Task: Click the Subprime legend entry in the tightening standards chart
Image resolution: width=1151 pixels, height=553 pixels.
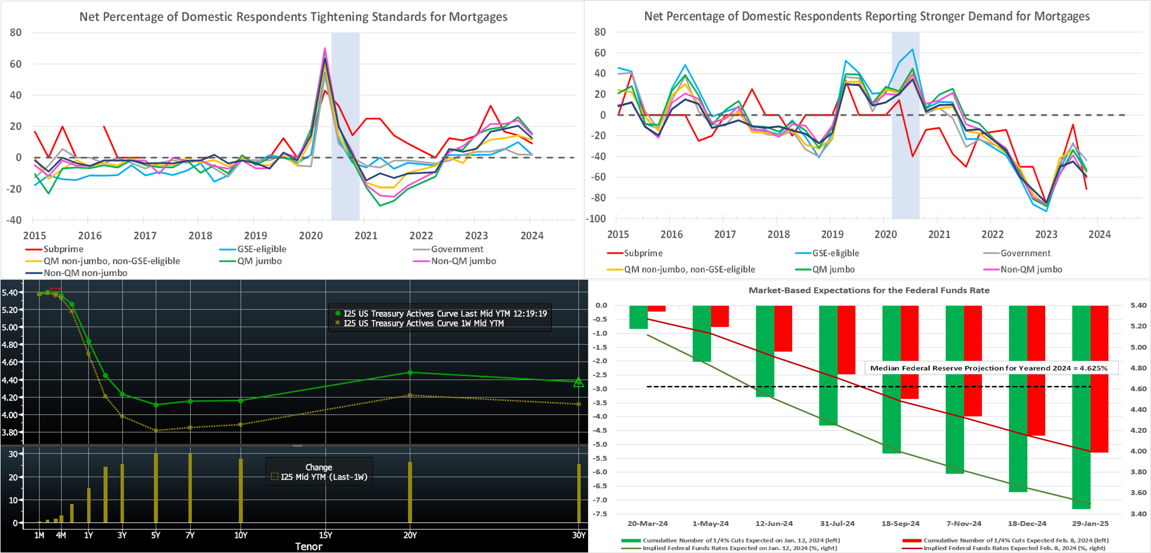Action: [x=63, y=249]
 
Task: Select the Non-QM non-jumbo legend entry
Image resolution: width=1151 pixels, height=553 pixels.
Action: [x=85, y=273]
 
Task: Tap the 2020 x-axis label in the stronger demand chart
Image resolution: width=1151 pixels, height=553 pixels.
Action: [x=885, y=234]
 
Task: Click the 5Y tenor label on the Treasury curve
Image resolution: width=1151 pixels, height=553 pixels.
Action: [x=156, y=535]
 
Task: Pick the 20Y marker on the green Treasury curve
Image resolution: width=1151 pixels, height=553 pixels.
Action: [x=410, y=373]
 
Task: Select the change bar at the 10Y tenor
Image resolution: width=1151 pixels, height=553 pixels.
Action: [x=241, y=490]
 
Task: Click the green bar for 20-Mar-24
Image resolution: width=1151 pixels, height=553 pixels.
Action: [x=638, y=317]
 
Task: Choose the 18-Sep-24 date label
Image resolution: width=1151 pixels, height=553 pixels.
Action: [x=900, y=523]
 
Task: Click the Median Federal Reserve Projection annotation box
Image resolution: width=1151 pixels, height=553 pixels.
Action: [x=988, y=368]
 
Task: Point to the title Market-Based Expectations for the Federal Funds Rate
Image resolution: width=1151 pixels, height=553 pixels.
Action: [x=869, y=290]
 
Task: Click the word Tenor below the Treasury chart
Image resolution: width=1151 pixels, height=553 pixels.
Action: [x=308, y=546]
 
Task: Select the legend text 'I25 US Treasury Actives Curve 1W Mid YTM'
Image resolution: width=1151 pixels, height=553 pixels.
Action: [x=423, y=323]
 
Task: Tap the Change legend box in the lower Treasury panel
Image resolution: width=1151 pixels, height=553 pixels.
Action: [x=319, y=472]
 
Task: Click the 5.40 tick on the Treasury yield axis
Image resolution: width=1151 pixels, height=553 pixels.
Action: [x=9, y=292]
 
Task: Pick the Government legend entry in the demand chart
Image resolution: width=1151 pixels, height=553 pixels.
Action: [x=1025, y=253]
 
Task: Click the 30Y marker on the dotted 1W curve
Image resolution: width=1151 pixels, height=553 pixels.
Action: [x=579, y=404]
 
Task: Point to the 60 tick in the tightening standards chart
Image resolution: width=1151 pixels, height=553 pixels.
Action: [x=16, y=64]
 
